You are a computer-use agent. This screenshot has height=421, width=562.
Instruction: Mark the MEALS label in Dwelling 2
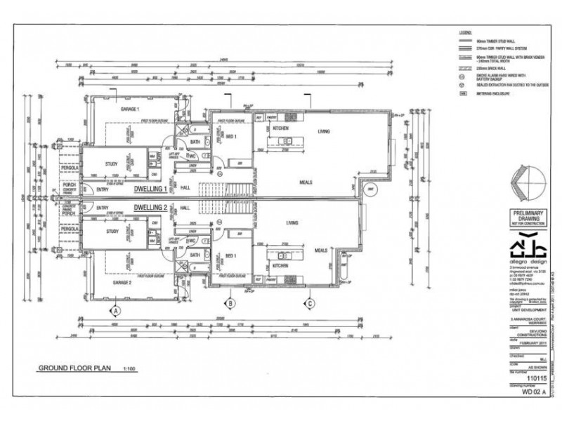(322, 250)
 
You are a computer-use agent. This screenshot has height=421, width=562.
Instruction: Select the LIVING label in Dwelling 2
(292, 223)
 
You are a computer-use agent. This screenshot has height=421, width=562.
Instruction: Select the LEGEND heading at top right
(464, 32)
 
